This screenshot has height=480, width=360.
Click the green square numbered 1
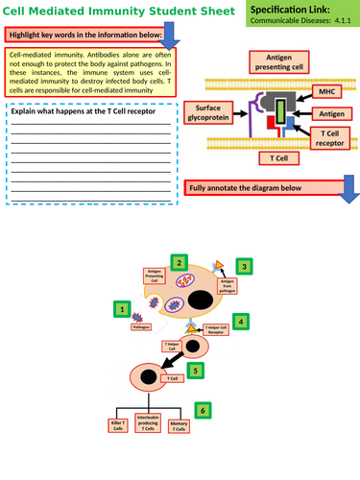coord(122,309)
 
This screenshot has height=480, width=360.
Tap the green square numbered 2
coord(177,262)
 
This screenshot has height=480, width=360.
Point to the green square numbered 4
coord(242,322)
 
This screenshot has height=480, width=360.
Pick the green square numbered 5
coord(197,369)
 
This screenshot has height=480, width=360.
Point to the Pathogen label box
coord(140,327)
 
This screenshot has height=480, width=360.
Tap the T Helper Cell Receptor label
coord(215,330)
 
